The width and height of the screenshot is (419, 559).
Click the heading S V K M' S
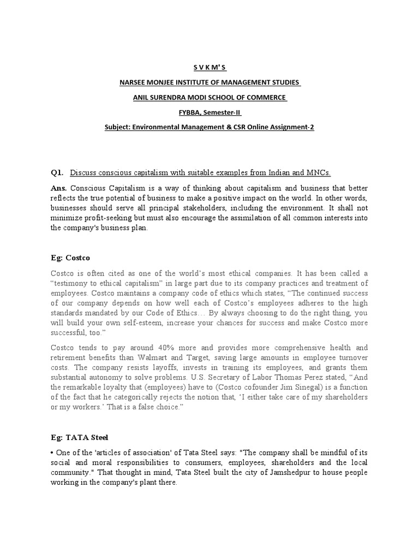tap(210, 67)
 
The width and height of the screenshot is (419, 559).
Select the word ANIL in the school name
tap(142, 98)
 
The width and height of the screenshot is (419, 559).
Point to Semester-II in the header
tap(223, 112)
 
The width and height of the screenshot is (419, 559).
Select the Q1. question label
tap(57, 173)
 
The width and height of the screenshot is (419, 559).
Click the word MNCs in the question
tap(319, 173)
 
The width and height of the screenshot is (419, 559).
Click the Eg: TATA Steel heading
tap(80, 437)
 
